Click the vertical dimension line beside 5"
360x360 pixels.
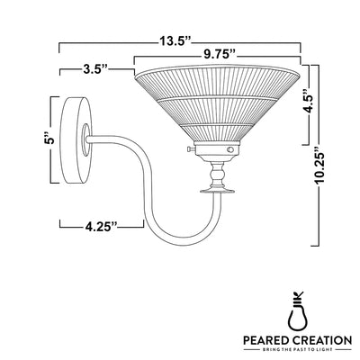click(x=53, y=139)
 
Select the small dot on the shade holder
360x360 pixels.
click(x=230, y=149)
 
